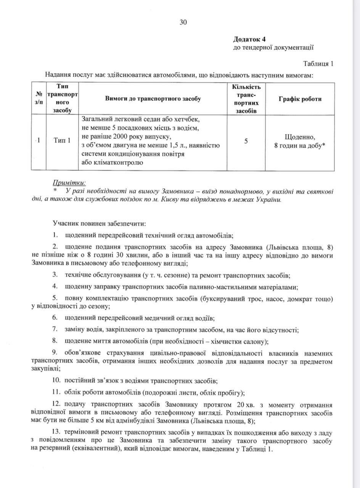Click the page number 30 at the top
pos(183,22)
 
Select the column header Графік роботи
pos(300,99)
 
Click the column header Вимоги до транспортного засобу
pos(153,99)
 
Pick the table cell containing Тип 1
pos(61,141)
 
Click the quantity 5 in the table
pos(246,141)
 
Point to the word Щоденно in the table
pos(300,136)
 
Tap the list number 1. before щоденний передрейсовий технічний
pos(56,234)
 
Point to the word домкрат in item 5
pos(301,298)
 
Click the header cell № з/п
pos(39,99)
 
